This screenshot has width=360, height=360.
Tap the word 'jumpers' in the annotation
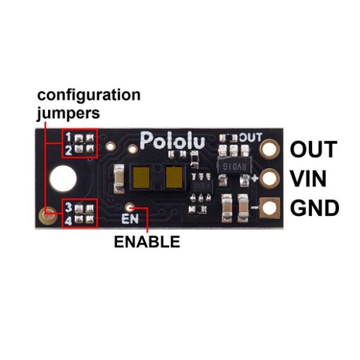[68, 114]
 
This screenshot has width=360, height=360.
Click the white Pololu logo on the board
[172, 140]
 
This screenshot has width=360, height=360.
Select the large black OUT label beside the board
[313, 150]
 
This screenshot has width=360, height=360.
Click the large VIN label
[308, 178]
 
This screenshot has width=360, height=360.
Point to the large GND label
[314, 208]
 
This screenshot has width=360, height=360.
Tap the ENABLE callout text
[147, 241]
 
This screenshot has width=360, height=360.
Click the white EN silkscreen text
[130, 219]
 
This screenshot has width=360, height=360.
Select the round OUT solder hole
[270, 149]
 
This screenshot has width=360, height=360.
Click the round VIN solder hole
[270, 178]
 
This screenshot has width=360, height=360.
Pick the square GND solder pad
[270, 208]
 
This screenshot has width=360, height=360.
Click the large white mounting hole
[63, 178]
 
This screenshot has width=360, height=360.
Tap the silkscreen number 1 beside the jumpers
[68, 137]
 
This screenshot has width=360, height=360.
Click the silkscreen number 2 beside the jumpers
[68, 151]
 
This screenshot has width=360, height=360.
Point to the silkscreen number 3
[68, 207]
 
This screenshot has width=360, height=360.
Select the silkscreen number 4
[68, 221]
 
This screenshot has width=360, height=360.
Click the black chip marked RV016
[234, 166]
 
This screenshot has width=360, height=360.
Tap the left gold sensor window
[142, 177]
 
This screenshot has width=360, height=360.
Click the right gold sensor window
[174, 177]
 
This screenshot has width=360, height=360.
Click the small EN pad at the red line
[130, 207]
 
